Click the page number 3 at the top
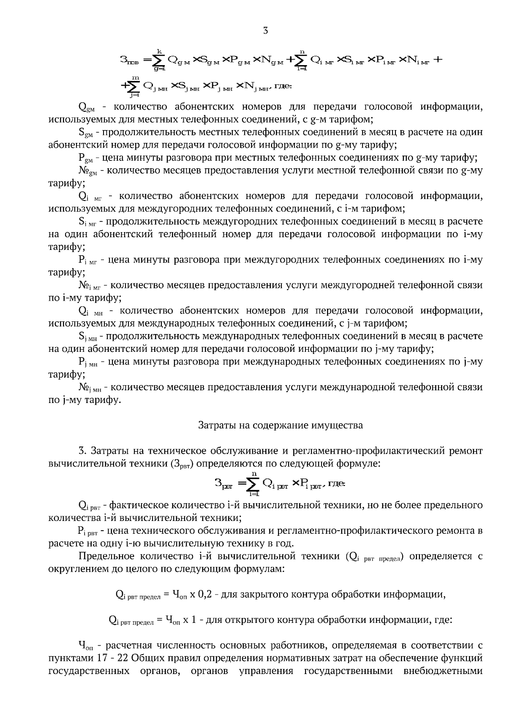click(x=265, y=30)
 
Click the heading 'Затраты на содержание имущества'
click(x=281, y=425)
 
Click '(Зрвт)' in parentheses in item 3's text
click(x=182, y=464)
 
